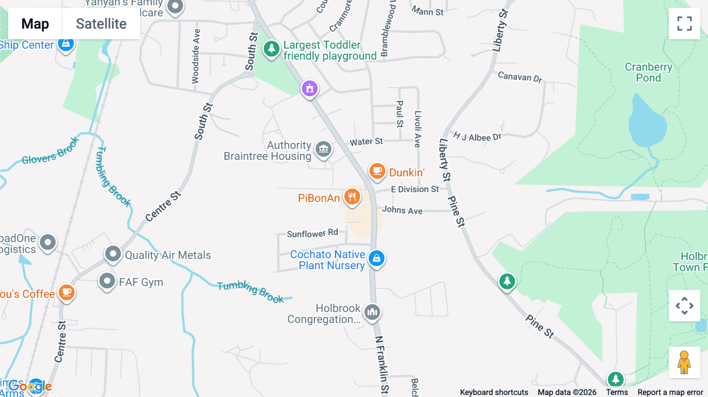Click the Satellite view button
[101, 24]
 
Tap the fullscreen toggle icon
[684, 24]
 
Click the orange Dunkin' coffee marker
[377, 171]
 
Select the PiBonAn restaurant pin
[352, 197]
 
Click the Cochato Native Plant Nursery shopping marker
[376, 258]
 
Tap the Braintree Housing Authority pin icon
[324, 149]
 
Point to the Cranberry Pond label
[648, 72]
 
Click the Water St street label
[366, 142]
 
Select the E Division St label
[415, 189]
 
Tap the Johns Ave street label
[402, 210]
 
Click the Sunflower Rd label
[312, 233]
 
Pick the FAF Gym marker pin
[107, 281]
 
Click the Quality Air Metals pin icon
[113, 254]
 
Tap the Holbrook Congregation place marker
[372, 312]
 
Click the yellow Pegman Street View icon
[684, 362]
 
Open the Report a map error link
[670, 392]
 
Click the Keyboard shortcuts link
[494, 392]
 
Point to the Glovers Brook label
[50, 152]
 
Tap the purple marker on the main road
[310, 88]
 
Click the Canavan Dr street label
[520, 77]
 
